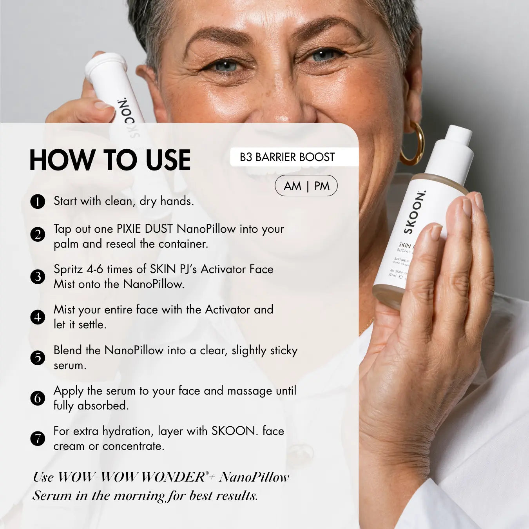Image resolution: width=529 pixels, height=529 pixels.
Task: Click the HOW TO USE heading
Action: (110, 160)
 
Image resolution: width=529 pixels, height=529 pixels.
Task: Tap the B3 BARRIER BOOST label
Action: (287, 157)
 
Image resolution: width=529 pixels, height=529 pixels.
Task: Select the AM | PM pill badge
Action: (306, 186)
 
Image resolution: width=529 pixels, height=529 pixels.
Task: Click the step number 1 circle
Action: (38, 202)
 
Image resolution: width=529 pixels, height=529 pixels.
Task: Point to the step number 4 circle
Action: (38, 317)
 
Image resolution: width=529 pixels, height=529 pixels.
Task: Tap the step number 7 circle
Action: (38, 438)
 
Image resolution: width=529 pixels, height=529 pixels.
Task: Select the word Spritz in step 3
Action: (68, 270)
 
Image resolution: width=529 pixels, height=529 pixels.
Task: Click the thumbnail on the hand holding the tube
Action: (103, 105)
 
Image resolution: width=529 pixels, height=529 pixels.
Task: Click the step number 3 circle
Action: (38, 277)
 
